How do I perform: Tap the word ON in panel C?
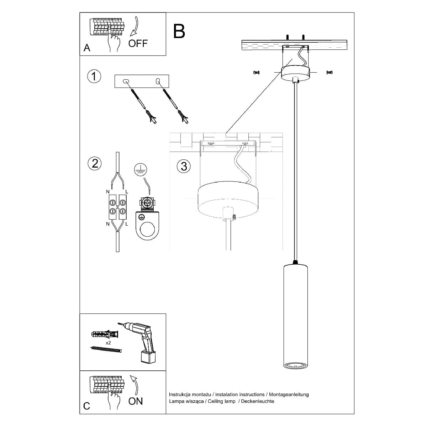click(135, 401)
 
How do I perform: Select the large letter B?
click(179, 31)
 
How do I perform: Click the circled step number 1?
click(94, 77)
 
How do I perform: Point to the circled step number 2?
click(95, 164)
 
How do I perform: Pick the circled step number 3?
click(184, 167)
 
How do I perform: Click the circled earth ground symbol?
click(141, 169)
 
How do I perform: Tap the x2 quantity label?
click(109, 343)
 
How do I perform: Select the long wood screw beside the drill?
click(106, 350)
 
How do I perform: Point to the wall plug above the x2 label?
click(105, 334)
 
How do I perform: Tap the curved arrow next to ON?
click(134, 385)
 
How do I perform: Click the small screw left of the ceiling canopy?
click(256, 73)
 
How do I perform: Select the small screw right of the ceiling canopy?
click(330, 72)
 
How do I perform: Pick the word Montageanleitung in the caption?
click(289, 394)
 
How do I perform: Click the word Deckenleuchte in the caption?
click(258, 401)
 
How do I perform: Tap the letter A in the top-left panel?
click(87, 48)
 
